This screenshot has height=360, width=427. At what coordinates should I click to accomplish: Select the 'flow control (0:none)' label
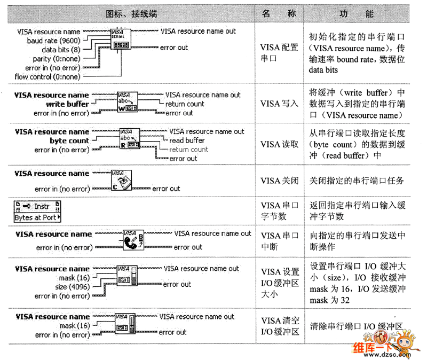coord(47,77)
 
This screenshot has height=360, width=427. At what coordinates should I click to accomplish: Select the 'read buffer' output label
coord(187,140)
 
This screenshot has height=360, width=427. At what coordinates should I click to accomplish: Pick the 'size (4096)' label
coord(70,287)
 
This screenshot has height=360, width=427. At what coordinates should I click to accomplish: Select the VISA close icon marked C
coord(122,180)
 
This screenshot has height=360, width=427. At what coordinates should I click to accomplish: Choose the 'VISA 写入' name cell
coord(279,104)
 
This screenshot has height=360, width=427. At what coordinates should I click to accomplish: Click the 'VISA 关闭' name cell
coord(279,181)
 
